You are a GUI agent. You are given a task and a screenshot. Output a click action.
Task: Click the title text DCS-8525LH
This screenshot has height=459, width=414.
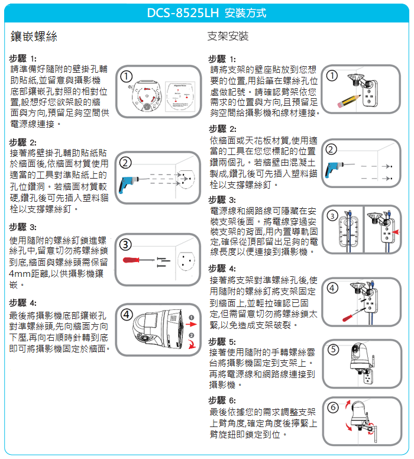pos(183,13)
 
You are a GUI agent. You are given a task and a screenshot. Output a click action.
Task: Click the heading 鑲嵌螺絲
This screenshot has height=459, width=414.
pos(34,36)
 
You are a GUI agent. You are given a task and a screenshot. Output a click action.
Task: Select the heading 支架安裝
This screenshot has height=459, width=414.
pos(228,36)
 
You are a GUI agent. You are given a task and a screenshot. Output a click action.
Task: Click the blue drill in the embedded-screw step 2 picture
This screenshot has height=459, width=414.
pos(128,183)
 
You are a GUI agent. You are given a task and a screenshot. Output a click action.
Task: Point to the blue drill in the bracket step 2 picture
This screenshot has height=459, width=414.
pos(335,169)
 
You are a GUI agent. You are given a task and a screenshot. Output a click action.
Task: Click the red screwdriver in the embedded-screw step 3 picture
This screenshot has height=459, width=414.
pos(138,260)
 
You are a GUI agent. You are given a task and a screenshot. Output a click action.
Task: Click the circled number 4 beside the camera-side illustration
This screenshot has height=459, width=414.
pos(127,315)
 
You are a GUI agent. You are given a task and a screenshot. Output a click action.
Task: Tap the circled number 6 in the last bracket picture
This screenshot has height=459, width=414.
pos(333,407)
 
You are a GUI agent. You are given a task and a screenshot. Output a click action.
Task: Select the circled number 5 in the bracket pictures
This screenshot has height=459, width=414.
pos(333,350)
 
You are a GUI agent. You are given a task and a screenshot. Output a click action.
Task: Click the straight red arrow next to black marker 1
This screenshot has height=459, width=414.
pos(191,324)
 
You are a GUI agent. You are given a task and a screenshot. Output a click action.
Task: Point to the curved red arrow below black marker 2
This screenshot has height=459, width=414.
pos(192,344)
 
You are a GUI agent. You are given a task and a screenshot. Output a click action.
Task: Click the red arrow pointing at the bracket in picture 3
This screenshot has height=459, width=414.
pos(395,232)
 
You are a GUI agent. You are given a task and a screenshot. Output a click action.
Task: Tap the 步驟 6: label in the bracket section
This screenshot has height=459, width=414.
pos(222,400)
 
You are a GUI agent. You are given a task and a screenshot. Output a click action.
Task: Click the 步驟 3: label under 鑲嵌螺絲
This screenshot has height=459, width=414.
pos(23,227)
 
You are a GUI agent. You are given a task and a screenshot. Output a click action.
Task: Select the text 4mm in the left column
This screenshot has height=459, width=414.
pos(20,274)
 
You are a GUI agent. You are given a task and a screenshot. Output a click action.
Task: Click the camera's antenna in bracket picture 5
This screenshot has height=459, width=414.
pos(373,363)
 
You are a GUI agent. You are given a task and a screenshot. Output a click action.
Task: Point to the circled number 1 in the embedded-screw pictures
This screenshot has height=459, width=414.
pos(126,77)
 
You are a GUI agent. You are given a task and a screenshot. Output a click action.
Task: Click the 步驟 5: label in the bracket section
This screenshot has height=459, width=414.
pos(222,342)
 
